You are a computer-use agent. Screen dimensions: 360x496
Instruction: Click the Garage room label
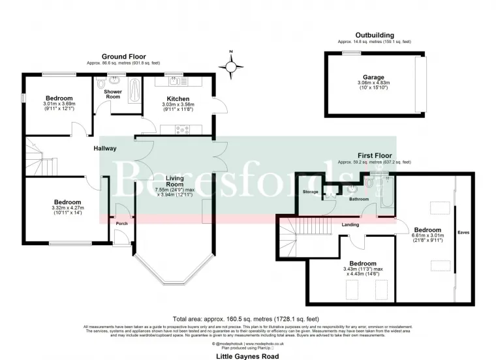click(374, 77)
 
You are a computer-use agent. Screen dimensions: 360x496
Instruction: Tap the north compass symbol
click(232, 66)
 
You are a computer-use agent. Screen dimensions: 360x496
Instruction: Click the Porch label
click(121, 224)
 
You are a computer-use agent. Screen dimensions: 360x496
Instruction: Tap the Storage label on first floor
click(311, 192)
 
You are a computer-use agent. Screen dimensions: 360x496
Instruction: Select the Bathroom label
click(359, 200)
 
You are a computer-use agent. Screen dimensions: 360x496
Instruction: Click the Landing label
click(350, 225)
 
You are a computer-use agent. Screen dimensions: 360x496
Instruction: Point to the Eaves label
click(463, 232)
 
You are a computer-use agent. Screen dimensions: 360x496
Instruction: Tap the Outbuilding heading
click(374, 35)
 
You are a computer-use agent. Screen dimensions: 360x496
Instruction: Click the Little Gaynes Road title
click(248, 357)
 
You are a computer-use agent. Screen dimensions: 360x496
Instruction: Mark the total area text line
click(247, 320)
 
